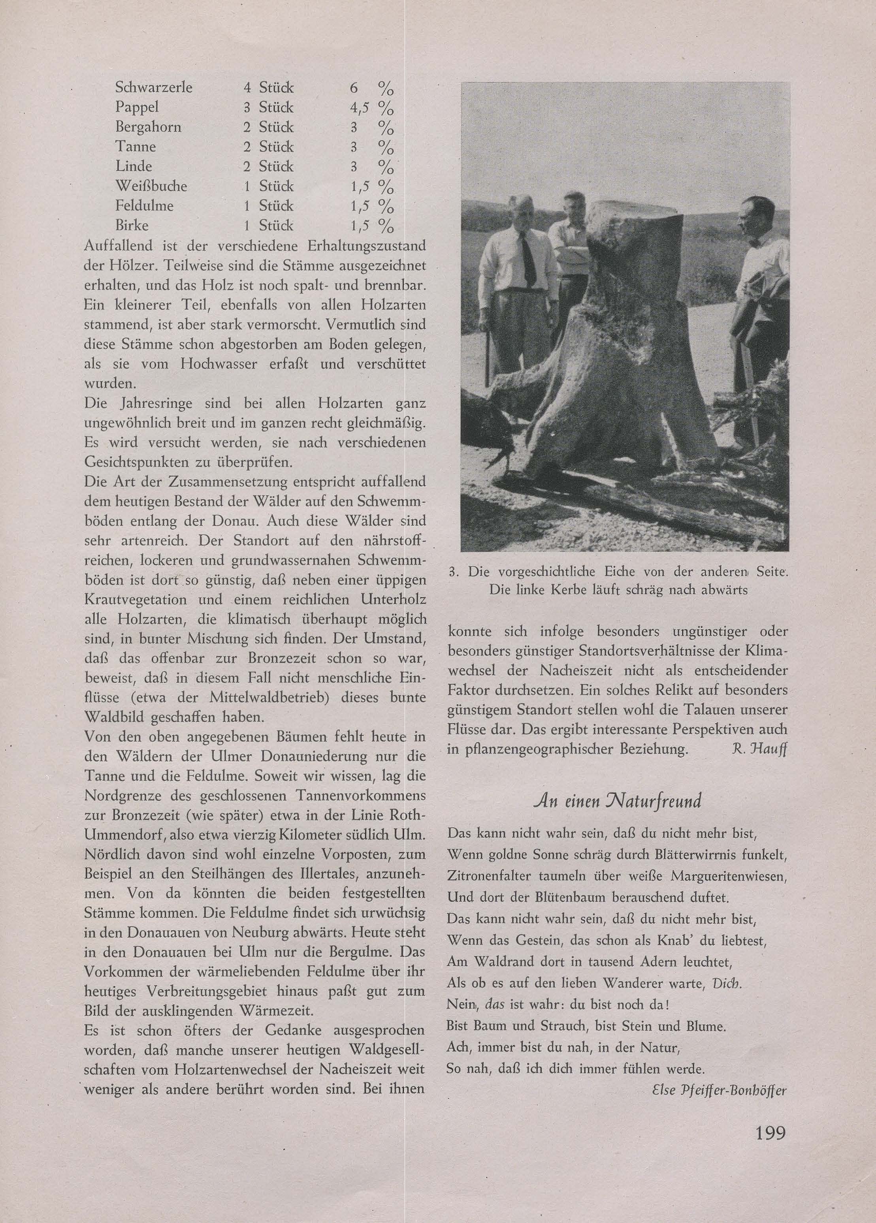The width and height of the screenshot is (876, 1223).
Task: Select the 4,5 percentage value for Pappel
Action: [x=359, y=108]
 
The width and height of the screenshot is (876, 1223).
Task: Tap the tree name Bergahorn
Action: [x=148, y=127]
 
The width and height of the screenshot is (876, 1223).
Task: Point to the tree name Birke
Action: [x=132, y=226]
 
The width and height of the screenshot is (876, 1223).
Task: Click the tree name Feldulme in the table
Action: [x=145, y=206]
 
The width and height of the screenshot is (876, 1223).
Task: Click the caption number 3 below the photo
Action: [x=454, y=572]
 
